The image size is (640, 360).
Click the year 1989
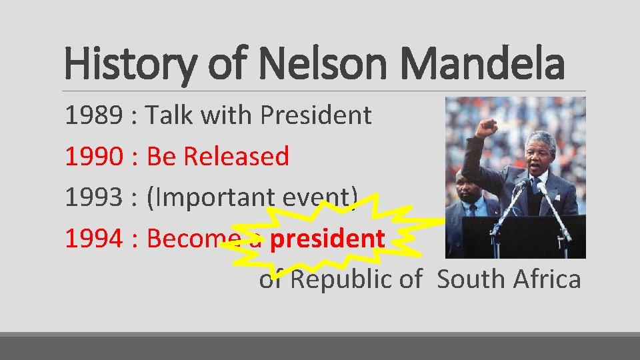[x=93, y=116]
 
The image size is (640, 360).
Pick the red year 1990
[x=93, y=157]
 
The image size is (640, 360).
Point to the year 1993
[x=93, y=197]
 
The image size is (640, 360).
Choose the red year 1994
[x=93, y=238]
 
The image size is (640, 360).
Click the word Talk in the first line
[x=169, y=116]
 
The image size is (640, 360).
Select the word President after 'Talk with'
[x=315, y=116]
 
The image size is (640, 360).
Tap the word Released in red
[x=236, y=157]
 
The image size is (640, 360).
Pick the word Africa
[x=547, y=279]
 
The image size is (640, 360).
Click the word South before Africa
[x=471, y=279]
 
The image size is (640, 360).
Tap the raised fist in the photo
[x=485, y=127]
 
